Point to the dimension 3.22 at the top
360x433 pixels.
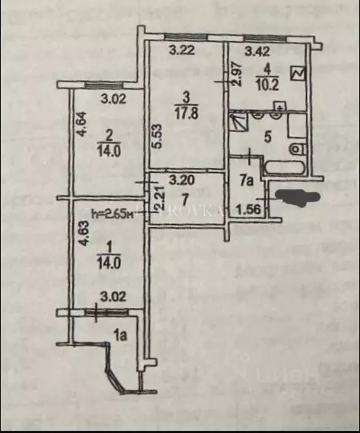[x=182, y=50]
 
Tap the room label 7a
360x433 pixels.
[x=245, y=181]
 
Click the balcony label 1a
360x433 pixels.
[x=119, y=336]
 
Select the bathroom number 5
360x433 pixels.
[x=267, y=135]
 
